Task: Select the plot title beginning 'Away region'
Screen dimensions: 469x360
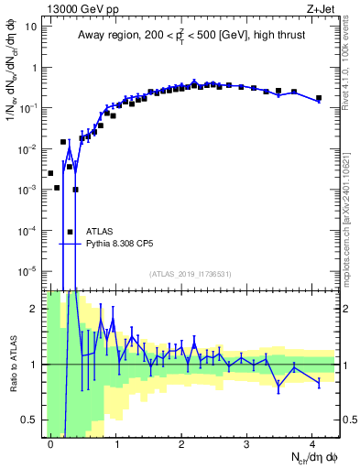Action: [190, 34]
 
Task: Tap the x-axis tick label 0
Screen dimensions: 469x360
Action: [50, 443]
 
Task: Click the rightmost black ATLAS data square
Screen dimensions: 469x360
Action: [319, 98]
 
